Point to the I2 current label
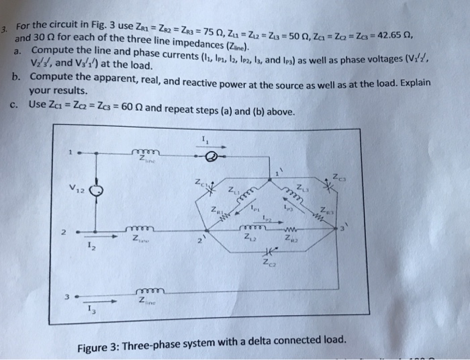tap(91, 249)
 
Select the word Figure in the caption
tap(96, 347)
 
